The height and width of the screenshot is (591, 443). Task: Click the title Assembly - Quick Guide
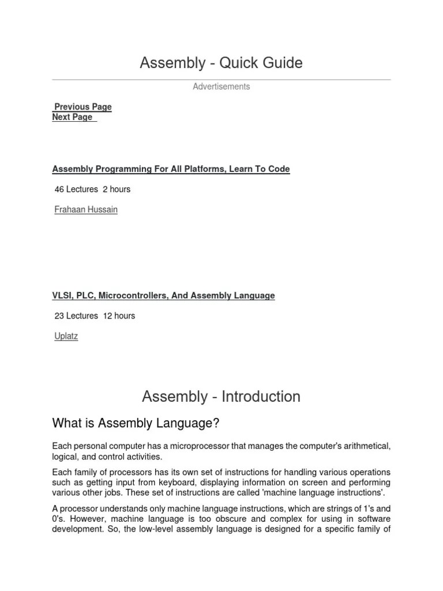(x=221, y=63)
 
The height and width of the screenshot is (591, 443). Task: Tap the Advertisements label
(x=221, y=87)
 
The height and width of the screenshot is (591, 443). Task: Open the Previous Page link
(x=82, y=107)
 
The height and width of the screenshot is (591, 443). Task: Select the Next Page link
(x=73, y=117)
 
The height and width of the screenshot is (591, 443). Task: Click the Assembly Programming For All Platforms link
(x=171, y=169)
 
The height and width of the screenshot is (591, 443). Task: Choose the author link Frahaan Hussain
(x=85, y=210)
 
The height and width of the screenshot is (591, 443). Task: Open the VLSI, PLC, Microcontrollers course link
(x=163, y=295)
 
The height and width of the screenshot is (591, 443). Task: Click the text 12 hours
(x=119, y=316)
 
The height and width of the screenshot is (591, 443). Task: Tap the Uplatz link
(x=66, y=336)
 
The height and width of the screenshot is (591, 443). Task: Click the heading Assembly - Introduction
(x=221, y=397)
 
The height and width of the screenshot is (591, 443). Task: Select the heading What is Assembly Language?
(x=136, y=424)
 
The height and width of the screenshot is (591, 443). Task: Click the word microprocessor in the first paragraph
(x=222, y=447)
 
